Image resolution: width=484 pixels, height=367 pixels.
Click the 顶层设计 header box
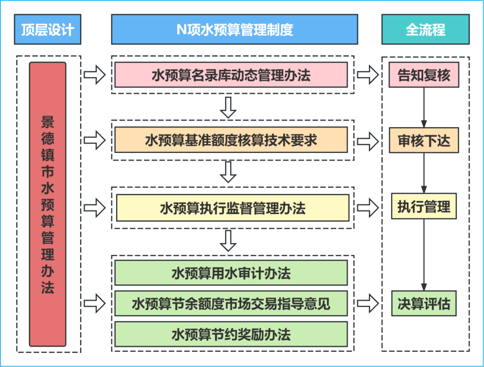coord(47,30)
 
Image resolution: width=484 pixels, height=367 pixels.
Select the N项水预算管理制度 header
coord(234,30)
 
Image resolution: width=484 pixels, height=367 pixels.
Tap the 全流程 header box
coord(425,30)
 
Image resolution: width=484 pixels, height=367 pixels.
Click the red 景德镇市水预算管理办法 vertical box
coord(47,204)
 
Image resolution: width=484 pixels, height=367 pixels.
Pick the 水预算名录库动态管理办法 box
coord(231,75)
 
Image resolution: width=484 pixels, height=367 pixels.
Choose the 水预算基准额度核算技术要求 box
coord(231,140)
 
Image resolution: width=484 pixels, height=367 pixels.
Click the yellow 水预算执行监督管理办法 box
coord(232,208)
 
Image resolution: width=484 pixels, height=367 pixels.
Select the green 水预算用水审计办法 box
coord(231,273)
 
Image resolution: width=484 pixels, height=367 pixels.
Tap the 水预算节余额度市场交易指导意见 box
coord(231,304)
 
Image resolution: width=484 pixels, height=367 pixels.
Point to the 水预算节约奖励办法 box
coord(231,334)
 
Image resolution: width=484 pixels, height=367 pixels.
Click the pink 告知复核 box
coord(423,75)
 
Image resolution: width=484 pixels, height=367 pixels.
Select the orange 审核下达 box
coord(423,140)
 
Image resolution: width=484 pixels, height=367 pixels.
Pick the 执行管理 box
coord(423,207)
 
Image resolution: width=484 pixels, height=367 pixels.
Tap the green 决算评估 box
coord(423,304)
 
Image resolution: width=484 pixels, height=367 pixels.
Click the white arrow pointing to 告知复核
coord(368,75)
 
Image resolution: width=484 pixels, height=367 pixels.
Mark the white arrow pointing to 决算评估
coord(368,304)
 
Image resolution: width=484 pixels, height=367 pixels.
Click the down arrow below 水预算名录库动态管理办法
coord(228,107)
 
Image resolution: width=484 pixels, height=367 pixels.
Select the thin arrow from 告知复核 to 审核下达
coord(424,107)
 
